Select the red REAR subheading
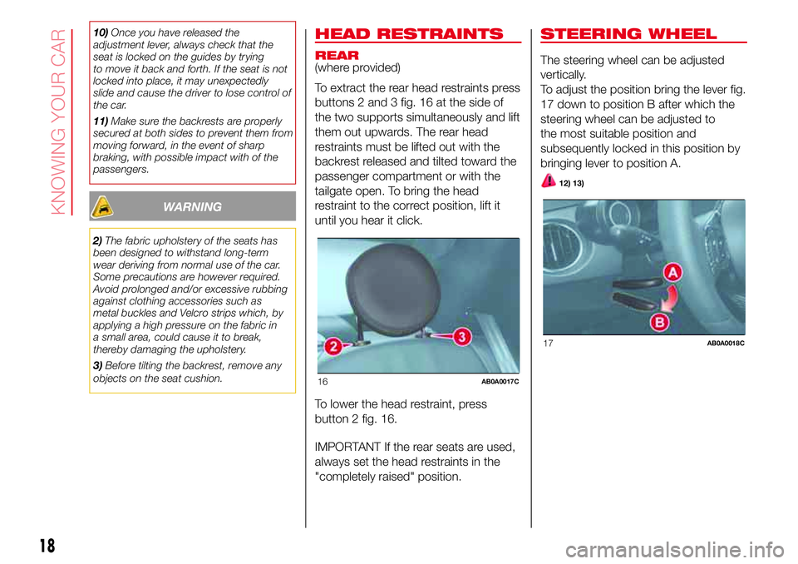(337, 55)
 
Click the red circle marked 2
(334, 346)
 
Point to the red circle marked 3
(461, 337)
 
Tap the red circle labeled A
(672, 273)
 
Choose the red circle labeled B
(659, 322)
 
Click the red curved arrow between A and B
(672, 298)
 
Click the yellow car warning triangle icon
(102, 206)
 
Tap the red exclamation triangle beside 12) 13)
(548, 181)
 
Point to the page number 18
(47, 545)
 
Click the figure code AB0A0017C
(500, 382)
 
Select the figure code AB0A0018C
(725, 344)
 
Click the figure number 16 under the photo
(323, 382)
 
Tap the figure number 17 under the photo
(548, 344)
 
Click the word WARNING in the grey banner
(192, 207)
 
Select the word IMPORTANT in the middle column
(347, 447)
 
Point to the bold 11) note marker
(101, 121)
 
